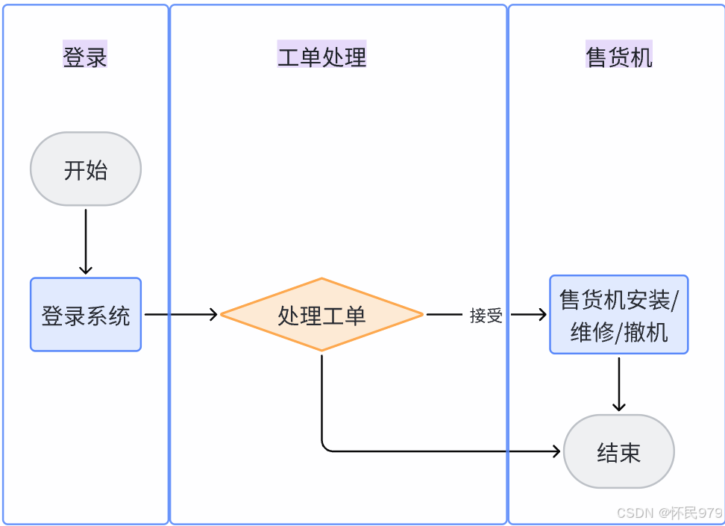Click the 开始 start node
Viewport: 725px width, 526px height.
click(x=86, y=169)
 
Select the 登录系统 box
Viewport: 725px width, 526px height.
click(x=86, y=315)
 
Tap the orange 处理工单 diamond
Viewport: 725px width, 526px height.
click(x=321, y=315)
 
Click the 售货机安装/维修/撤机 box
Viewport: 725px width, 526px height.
click(x=618, y=314)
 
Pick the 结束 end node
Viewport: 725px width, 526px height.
click(x=618, y=451)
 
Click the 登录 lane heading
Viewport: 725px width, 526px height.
click(x=85, y=55)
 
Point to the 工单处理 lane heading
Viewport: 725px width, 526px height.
click(x=321, y=55)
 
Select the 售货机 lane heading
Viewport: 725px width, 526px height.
click(x=618, y=55)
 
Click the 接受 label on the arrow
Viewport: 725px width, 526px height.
click(x=486, y=316)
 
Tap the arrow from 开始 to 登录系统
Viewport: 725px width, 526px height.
click(x=86, y=239)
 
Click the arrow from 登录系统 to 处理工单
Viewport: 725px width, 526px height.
click(x=179, y=315)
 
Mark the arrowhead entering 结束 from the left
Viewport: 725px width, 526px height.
click(x=556, y=451)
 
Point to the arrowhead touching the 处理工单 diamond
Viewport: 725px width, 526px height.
click(x=213, y=315)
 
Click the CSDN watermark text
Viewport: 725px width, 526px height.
click(x=669, y=513)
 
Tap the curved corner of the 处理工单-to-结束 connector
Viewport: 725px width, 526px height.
click(x=325, y=447)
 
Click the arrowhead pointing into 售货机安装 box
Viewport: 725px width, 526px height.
click(x=542, y=315)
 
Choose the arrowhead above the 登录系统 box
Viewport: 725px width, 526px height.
click(x=86, y=269)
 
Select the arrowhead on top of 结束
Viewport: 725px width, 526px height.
click(x=618, y=406)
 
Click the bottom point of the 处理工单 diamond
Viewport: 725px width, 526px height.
click(x=321, y=350)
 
